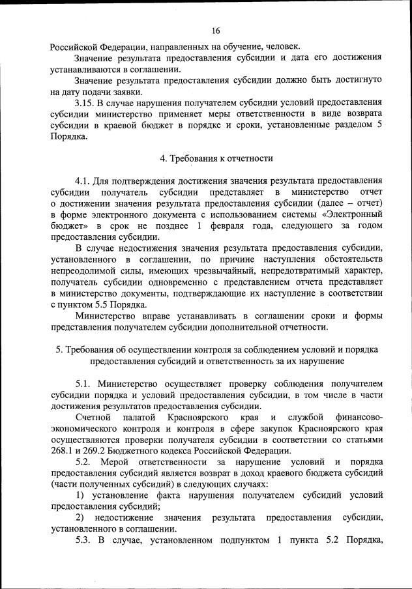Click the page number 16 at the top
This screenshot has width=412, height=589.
(x=216, y=30)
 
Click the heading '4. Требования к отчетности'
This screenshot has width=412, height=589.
(x=216, y=158)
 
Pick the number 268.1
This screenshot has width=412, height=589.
(x=63, y=452)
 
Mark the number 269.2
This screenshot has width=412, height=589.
(x=97, y=452)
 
